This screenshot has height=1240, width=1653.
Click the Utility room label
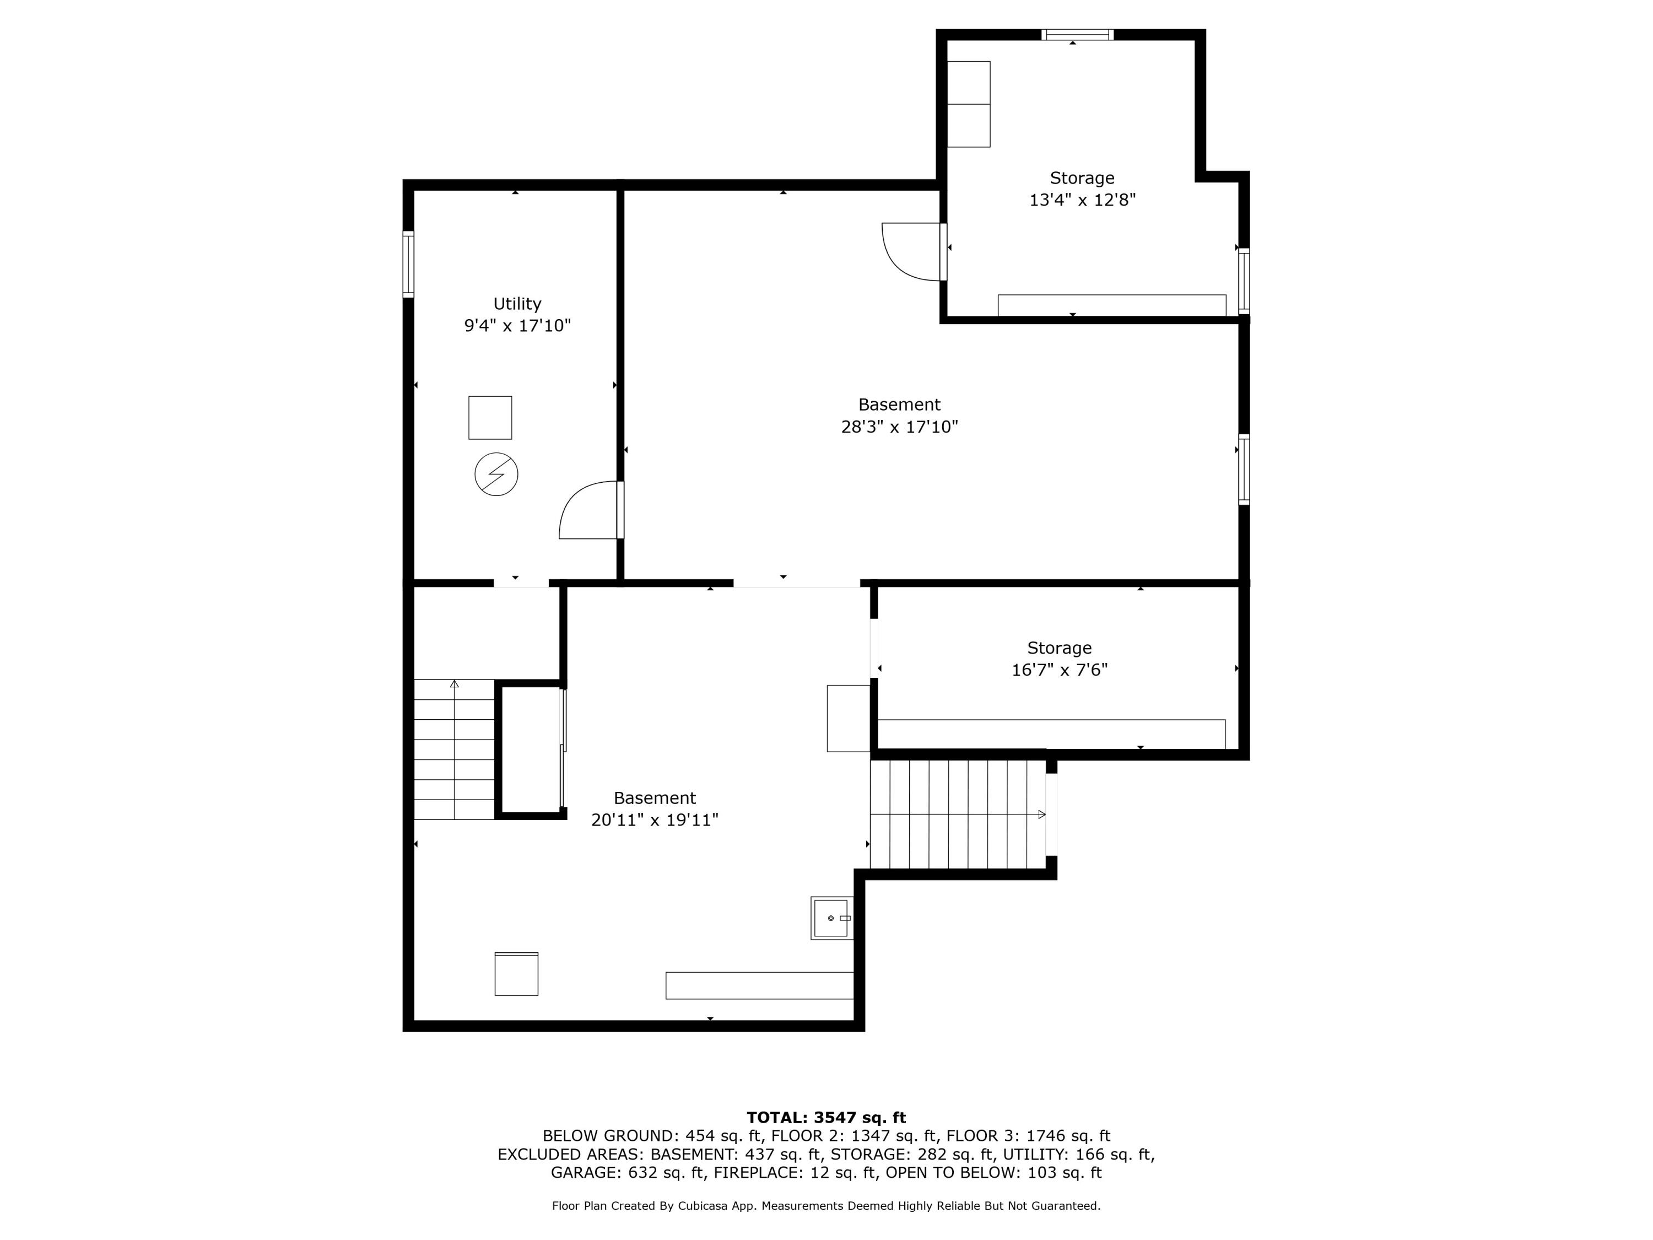pos(517,304)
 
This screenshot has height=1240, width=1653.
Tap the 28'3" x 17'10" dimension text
pos(899,427)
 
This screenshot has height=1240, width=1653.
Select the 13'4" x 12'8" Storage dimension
pos(1082,200)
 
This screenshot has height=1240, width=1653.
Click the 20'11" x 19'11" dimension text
pos(655,820)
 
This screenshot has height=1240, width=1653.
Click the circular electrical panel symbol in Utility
pos(496,474)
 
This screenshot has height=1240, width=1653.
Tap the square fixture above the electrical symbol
pos(490,418)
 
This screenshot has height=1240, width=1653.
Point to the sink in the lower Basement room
pos(831,918)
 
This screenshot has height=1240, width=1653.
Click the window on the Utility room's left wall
pos(408,264)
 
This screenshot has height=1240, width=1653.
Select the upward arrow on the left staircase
pos(455,684)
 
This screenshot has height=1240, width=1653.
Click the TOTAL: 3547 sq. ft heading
pos(826,1118)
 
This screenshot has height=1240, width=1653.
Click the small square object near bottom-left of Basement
pos(516,974)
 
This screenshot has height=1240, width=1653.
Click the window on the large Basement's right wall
pos(1244,470)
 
